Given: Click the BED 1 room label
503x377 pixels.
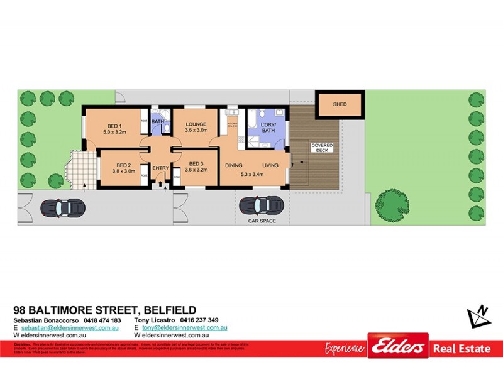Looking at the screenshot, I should [x=115, y=124].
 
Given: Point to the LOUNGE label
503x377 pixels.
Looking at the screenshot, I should [x=196, y=124].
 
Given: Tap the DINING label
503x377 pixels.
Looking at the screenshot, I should [x=233, y=165].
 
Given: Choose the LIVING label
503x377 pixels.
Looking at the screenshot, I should [x=270, y=165].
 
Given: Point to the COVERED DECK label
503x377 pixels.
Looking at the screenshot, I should [x=322, y=149].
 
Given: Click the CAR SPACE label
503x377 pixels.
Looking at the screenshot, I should [x=262, y=221].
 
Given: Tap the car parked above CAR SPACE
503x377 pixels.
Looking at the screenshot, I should [x=261, y=205].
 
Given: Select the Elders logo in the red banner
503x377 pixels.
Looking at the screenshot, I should [x=398, y=346].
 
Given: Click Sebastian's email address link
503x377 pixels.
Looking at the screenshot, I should [x=70, y=328].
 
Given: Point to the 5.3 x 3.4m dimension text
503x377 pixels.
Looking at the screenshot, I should [x=252, y=174].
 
